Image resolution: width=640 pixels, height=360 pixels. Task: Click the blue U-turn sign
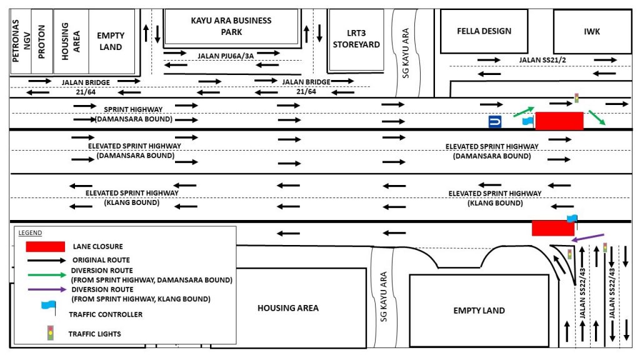[x=495, y=122]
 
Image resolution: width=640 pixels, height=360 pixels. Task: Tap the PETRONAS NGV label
[x=21, y=41]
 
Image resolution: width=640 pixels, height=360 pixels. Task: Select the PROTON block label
[x=41, y=42]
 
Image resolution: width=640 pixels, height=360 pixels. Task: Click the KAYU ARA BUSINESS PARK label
[x=231, y=26]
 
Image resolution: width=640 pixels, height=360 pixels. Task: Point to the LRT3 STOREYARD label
[x=356, y=39]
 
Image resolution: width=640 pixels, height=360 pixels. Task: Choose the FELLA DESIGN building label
[x=484, y=31]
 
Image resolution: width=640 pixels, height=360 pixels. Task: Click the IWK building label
[x=592, y=31]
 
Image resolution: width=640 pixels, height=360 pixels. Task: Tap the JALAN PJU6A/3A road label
[x=226, y=56]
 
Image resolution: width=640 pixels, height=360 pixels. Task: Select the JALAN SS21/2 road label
[x=542, y=60]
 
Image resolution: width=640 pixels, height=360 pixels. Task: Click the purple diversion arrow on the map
[x=587, y=237]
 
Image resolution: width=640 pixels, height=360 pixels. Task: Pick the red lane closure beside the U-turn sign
[x=559, y=121]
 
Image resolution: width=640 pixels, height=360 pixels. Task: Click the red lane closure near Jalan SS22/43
[x=553, y=228]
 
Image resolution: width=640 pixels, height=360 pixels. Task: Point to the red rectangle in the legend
[x=45, y=246]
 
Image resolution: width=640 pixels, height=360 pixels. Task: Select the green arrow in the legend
[x=46, y=275]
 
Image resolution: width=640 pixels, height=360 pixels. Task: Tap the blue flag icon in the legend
[x=49, y=307]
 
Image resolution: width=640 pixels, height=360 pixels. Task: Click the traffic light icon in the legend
[x=50, y=333]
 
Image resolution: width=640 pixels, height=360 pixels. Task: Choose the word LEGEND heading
[x=30, y=233]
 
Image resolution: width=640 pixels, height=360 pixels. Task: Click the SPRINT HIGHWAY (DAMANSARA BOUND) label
[x=134, y=114]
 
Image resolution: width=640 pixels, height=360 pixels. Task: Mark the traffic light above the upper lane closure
[x=576, y=98]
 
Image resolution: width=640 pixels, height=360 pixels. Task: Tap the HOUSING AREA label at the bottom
[x=288, y=308]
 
